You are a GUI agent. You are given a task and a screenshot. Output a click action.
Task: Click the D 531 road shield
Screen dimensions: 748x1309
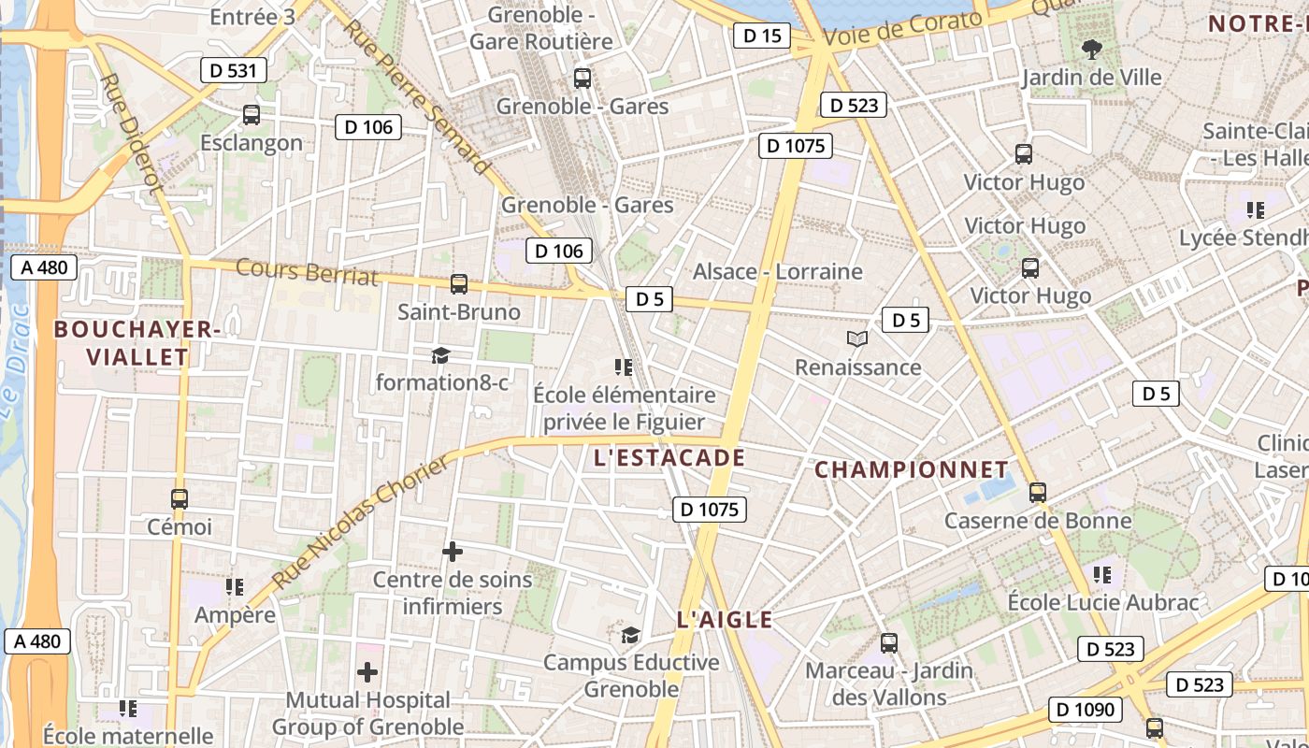pyautogui.click(x=234, y=70)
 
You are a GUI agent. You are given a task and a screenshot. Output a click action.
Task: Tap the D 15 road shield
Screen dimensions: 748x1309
pyautogui.click(x=761, y=36)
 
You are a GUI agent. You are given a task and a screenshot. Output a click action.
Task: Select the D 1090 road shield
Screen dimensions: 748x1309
pyautogui.click(x=1085, y=710)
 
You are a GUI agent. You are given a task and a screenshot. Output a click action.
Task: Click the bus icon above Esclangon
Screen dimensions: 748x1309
pyautogui.click(x=252, y=115)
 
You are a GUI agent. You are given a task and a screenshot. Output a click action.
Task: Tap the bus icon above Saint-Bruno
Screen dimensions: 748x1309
pyautogui.click(x=458, y=284)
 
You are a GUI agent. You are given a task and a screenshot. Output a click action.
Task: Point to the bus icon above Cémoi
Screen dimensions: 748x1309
pyautogui.click(x=180, y=499)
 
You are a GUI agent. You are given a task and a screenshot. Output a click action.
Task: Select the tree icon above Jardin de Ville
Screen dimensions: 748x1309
pyautogui.click(x=1090, y=50)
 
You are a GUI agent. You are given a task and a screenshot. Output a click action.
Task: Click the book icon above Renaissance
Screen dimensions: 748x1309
pyautogui.click(x=857, y=339)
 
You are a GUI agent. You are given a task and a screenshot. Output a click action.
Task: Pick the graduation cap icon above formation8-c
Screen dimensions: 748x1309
pyautogui.click(x=440, y=355)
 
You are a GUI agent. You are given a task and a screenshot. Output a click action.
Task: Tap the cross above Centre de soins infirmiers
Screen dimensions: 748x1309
pyautogui.click(x=453, y=552)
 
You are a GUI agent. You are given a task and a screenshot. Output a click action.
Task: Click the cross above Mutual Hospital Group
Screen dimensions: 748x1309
pyautogui.click(x=367, y=672)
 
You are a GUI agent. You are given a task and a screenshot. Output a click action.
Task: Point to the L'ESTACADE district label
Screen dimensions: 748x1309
pyautogui.click(x=669, y=458)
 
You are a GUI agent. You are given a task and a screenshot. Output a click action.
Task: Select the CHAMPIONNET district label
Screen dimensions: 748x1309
pyautogui.click(x=912, y=469)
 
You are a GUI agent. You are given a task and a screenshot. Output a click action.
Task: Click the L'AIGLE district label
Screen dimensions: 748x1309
pyautogui.click(x=725, y=620)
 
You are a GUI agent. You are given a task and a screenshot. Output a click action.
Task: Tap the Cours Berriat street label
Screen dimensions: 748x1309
pyautogui.click(x=308, y=271)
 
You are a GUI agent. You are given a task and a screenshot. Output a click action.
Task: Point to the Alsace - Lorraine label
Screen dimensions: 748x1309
pyautogui.click(x=777, y=272)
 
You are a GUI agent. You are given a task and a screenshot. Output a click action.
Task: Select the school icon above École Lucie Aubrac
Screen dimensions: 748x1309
pyautogui.click(x=1102, y=574)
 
